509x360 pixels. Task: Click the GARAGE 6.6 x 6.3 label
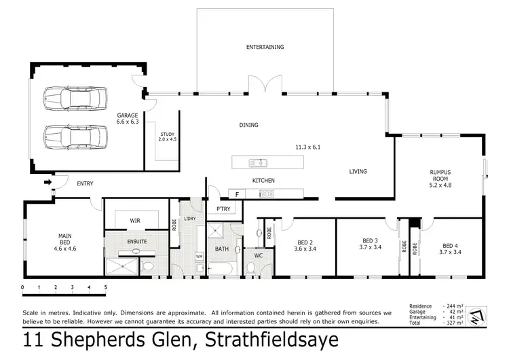(x=127, y=120)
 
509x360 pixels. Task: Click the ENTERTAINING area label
(x=265, y=47)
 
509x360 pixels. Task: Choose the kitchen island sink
(x=258, y=162)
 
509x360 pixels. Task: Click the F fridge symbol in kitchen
(x=237, y=194)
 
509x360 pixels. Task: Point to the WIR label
(x=135, y=219)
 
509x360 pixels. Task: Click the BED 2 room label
(x=303, y=245)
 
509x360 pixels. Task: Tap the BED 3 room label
(x=369, y=245)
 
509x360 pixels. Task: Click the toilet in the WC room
(x=250, y=268)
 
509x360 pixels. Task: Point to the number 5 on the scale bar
(x=105, y=288)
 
